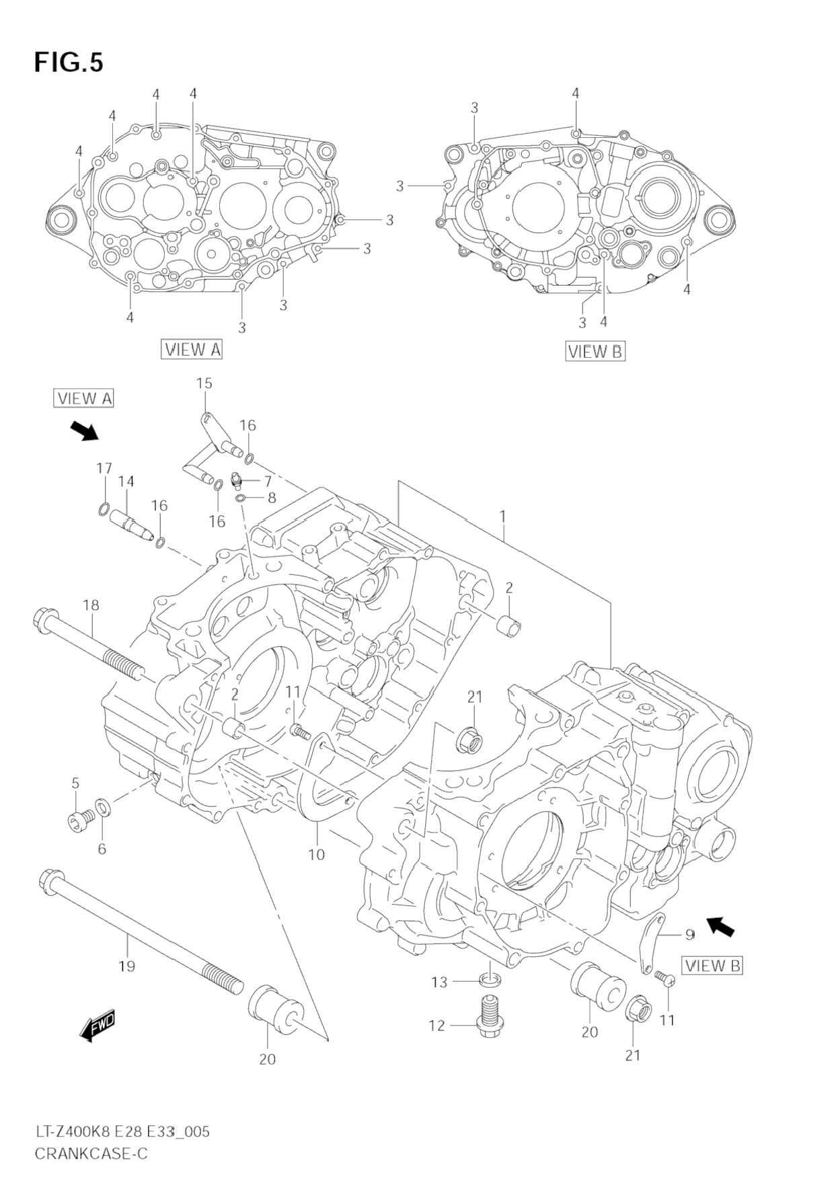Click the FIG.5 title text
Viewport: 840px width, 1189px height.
point(69,63)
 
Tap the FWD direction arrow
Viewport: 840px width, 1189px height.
point(98,1026)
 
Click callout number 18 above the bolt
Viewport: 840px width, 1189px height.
point(91,605)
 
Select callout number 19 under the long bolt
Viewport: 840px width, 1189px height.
point(126,966)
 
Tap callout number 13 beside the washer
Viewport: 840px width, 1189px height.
point(439,983)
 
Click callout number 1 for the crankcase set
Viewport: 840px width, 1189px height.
point(502,516)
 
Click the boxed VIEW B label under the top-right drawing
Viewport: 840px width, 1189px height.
point(595,351)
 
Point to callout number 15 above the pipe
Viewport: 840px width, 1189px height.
point(204,383)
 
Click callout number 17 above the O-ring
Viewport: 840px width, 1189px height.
point(104,468)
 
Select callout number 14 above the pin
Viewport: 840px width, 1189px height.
point(126,482)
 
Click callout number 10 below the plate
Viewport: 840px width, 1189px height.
point(316,854)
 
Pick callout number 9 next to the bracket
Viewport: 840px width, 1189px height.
point(689,934)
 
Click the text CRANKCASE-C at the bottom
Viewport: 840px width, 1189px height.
point(91,1153)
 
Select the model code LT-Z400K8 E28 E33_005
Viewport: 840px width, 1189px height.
point(122,1132)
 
